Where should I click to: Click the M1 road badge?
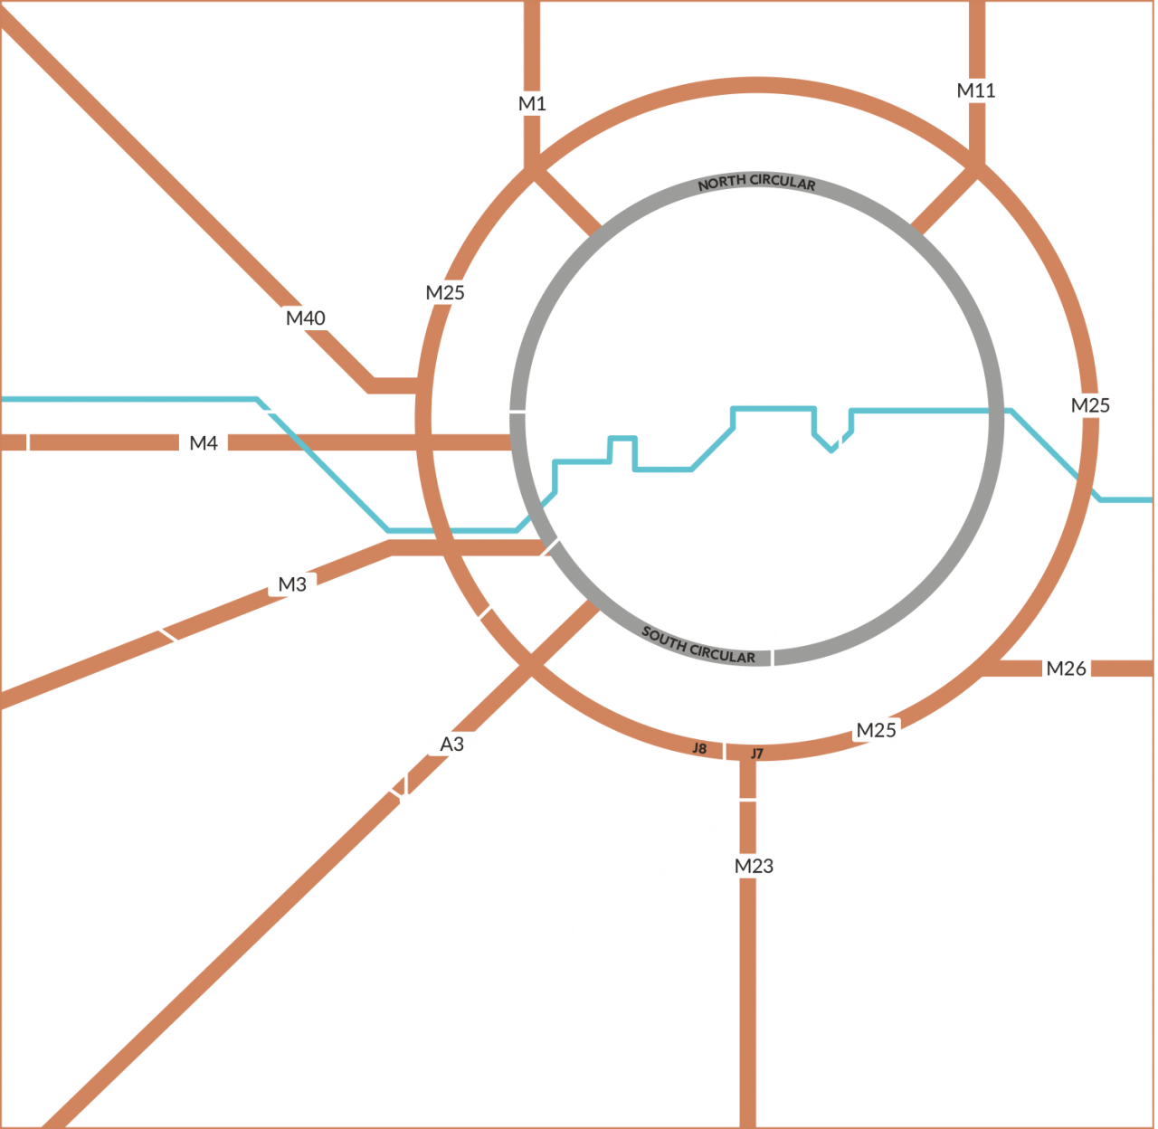tap(532, 103)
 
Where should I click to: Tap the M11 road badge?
tap(976, 90)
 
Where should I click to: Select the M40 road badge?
tap(306, 318)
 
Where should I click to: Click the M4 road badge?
tap(204, 443)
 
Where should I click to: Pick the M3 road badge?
tap(292, 584)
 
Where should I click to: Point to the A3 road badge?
tap(451, 744)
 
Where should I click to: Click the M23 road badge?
tap(754, 866)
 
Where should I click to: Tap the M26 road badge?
tap(1066, 669)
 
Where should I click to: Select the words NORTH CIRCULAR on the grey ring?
tap(756, 182)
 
